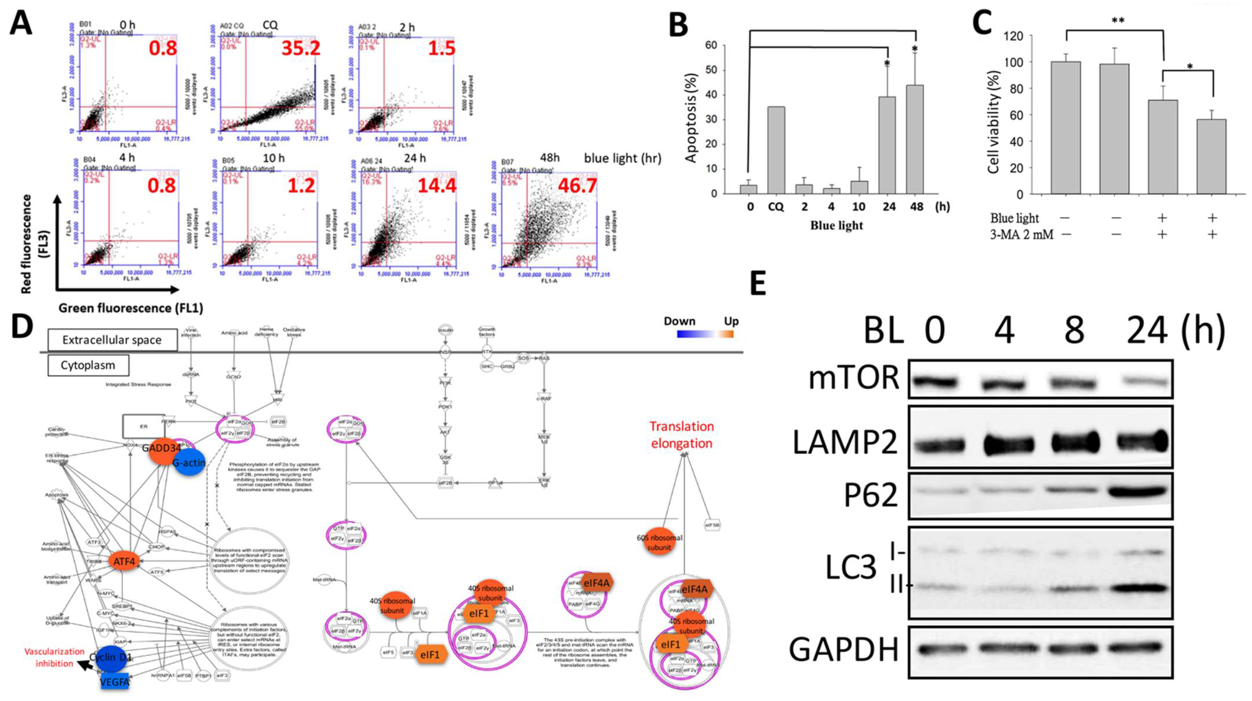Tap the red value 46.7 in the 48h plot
[577, 185]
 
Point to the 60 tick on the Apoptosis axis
[711, 45]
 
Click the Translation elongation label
[681, 435]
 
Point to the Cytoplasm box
[88, 365]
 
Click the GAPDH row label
[843, 649]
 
